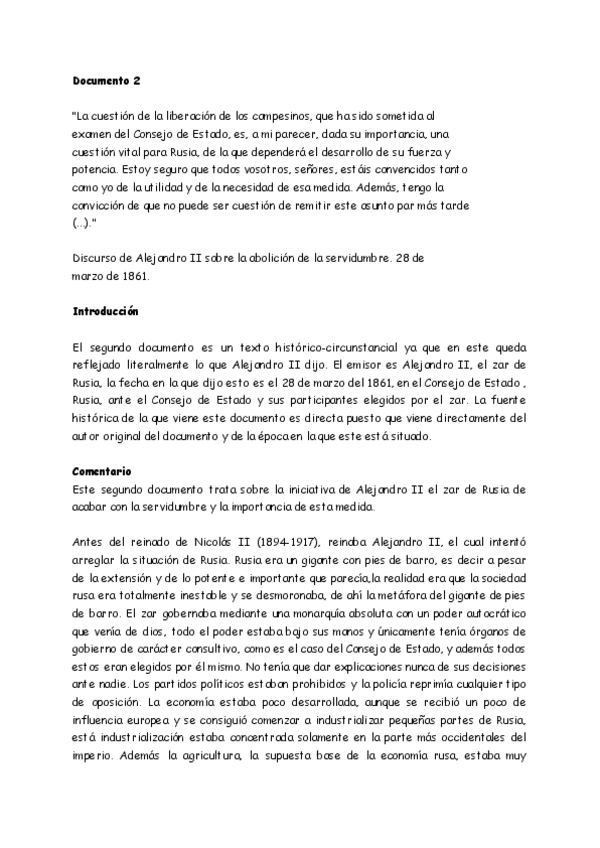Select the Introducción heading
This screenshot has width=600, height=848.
(x=106, y=311)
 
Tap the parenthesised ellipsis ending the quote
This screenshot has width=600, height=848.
(x=84, y=221)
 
